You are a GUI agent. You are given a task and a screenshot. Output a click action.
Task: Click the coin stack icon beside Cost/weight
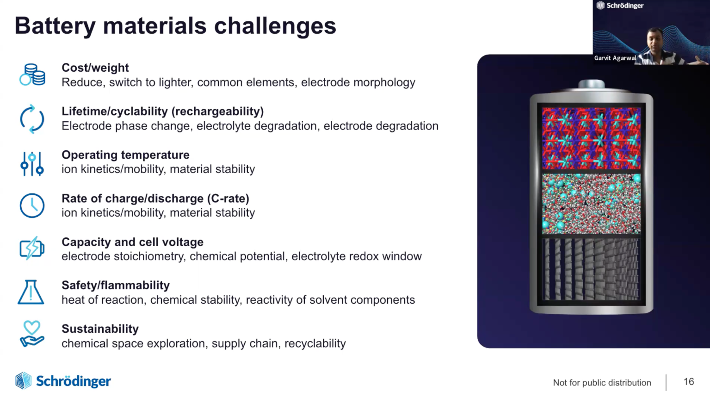tap(32, 75)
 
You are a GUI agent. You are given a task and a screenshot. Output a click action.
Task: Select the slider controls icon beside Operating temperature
tap(32, 164)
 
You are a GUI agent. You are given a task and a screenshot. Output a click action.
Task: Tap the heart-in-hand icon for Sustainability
tap(32, 334)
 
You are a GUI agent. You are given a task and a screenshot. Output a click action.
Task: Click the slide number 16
tap(689, 381)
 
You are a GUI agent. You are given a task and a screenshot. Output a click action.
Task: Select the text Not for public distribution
tap(602, 382)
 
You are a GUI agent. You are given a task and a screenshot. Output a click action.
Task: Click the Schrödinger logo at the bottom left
tap(63, 380)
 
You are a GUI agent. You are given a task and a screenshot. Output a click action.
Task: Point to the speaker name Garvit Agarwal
tap(615, 58)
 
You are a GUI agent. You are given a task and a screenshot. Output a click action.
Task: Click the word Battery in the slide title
tap(55, 26)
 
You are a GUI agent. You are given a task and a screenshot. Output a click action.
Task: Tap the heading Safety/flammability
tap(116, 286)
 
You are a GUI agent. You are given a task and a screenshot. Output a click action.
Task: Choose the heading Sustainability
tap(100, 329)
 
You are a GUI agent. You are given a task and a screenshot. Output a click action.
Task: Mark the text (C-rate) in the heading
tap(228, 199)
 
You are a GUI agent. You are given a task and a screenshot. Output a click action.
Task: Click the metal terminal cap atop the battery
tap(592, 84)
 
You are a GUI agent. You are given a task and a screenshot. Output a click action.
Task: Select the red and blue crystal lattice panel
tap(592, 138)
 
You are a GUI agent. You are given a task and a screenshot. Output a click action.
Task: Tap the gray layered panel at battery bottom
tap(592, 269)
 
